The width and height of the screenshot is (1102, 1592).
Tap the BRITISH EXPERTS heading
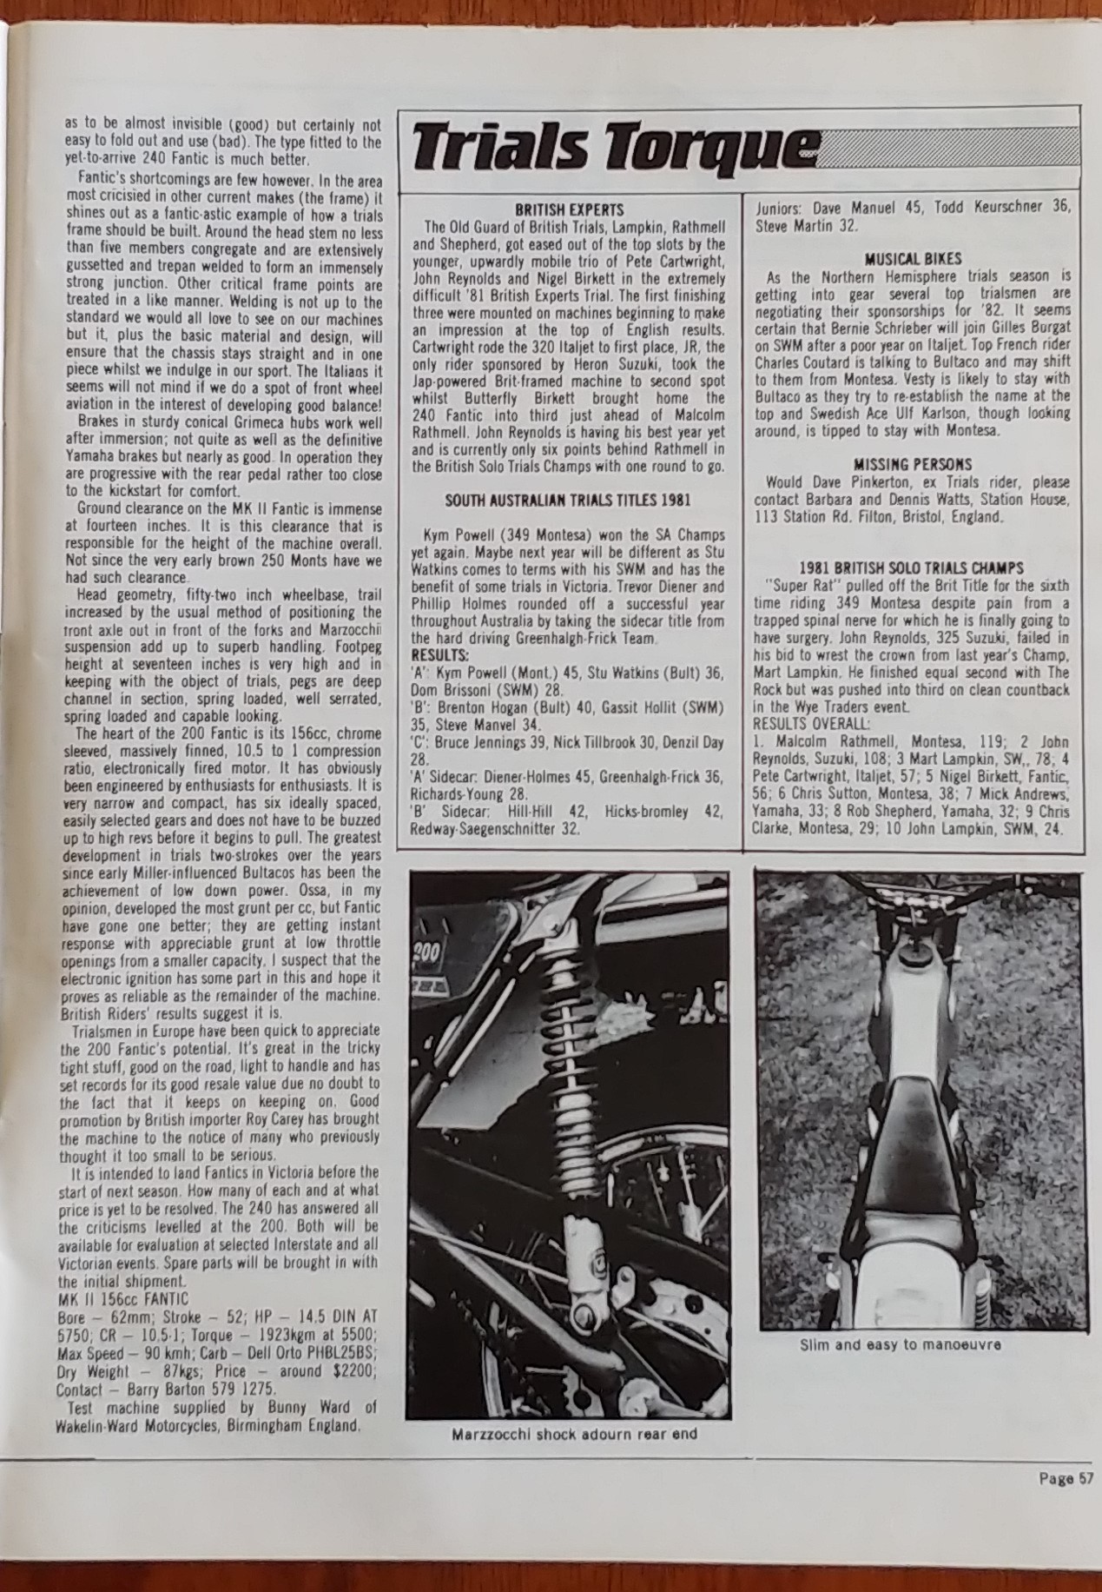(569, 209)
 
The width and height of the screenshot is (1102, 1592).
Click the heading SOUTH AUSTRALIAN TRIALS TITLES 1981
(569, 500)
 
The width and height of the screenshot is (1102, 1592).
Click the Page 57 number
(1064, 1476)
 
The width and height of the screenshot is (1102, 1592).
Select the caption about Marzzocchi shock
(574, 1433)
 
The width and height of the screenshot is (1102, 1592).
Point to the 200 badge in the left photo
(428, 952)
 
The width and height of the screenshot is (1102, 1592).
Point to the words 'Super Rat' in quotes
(798, 585)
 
